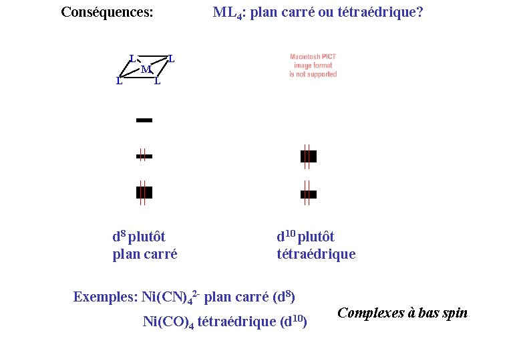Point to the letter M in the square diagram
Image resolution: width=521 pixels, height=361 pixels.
tap(145, 70)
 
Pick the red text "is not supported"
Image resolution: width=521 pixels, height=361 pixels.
tap(313, 74)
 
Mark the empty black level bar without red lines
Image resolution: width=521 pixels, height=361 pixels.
tap(144, 120)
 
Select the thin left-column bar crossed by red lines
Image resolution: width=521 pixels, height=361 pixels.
tap(144, 156)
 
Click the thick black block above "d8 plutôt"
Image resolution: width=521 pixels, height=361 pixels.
tap(144, 193)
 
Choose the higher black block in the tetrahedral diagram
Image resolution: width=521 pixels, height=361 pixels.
tap(308, 156)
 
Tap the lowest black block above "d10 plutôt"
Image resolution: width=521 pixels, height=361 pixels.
tap(308, 194)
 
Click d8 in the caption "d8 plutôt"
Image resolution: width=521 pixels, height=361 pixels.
tap(119, 236)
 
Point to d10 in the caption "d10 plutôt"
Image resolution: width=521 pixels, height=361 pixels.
tap(286, 236)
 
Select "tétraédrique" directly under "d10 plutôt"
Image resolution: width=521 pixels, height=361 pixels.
tap(316, 254)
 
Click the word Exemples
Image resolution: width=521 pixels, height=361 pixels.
tap(104, 297)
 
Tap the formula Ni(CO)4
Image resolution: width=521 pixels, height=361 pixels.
tap(168, 322)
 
